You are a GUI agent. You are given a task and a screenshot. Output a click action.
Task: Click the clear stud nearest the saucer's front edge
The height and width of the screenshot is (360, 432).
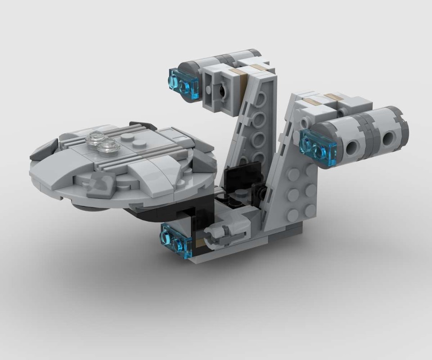[108, 147]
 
